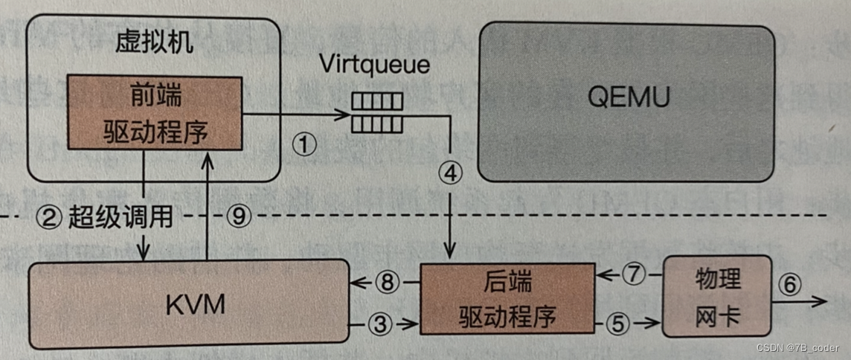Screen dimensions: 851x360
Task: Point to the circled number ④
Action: (450, 173)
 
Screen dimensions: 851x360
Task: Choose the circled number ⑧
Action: (388, 282)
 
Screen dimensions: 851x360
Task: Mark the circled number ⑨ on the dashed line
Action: (237, 216)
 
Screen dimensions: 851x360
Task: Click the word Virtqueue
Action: (375, 64)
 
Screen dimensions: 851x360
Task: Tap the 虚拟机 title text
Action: (154, 42)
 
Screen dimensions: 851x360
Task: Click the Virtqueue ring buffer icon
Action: (376, 111)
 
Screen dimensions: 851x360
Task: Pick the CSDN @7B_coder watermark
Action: (798, 348)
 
